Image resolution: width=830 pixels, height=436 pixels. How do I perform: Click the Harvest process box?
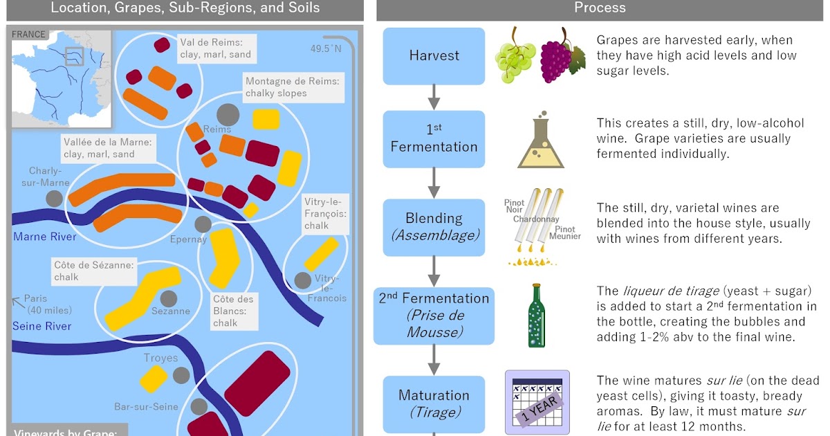(x=434, y=55)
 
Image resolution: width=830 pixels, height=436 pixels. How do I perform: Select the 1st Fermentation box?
(x=434, y=138)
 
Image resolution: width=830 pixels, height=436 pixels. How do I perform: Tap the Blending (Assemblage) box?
(x=434, y=226)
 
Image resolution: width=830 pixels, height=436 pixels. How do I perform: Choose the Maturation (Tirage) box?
(x=434, y=403)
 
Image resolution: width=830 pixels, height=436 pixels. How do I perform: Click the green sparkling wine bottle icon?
(x=535, y=315)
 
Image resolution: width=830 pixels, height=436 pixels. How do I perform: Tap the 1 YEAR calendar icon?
(x=537, y=402)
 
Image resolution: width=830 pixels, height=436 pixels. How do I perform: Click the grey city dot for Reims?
(x=228, y=114)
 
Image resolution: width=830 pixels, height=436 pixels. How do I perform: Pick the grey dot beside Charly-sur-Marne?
(x=54, y=199)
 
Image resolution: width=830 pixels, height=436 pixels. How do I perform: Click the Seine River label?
(x=41, y=326)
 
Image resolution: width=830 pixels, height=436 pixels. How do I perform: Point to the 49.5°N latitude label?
(x=326, y=48)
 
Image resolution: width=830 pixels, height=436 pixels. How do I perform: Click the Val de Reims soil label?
(x=215, y=48)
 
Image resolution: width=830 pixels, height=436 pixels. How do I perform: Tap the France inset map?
(x=61, y=78)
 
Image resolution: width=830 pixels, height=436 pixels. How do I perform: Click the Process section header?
(x=600, y=8)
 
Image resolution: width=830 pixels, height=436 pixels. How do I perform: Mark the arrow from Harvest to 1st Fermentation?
(x=434, y=96)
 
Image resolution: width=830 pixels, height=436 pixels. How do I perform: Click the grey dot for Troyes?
(x=181, y=375)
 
